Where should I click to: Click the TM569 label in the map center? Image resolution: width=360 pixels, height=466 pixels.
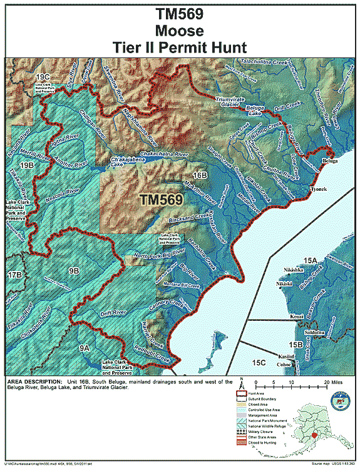pos(162,200)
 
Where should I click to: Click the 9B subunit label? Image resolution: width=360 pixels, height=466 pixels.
pos(74,270)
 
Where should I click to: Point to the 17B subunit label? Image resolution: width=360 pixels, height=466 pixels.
pos(16,275)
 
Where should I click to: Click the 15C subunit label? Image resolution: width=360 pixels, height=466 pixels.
pos(258,362)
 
